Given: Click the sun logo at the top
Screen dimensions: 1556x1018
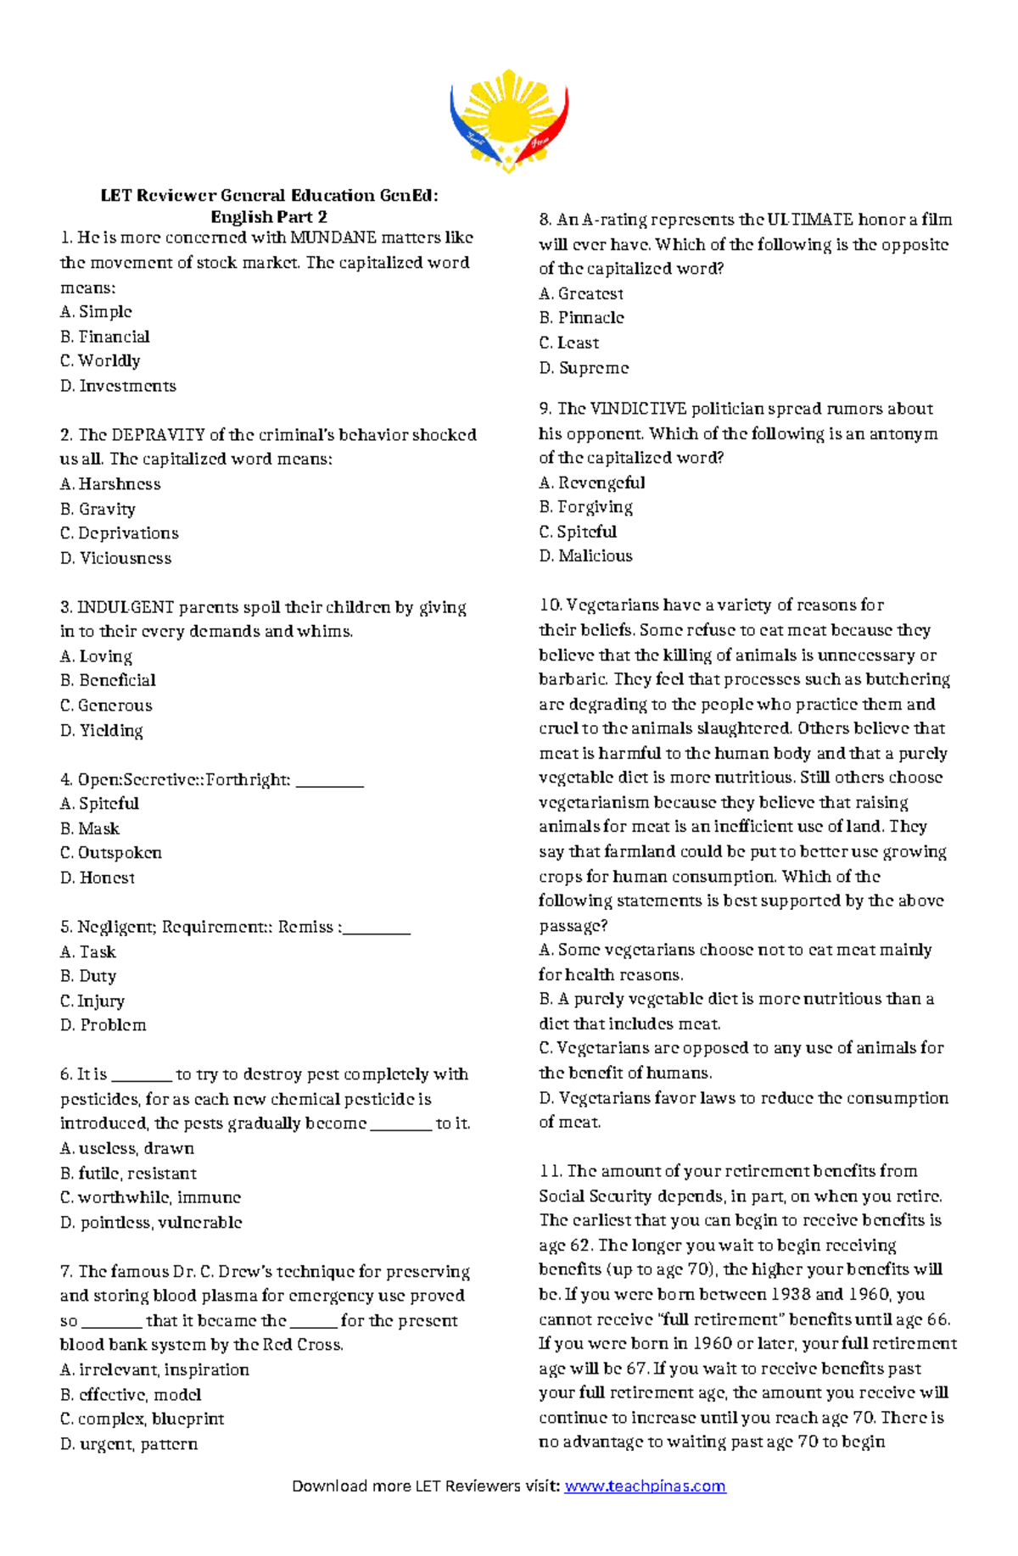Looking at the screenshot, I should tap(509, 120).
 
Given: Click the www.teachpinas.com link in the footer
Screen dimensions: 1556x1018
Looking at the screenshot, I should tap(645, 1486).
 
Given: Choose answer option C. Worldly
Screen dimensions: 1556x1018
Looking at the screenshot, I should tap(100, 361).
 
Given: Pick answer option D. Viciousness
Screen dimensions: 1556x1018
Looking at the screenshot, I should tap(115, 558).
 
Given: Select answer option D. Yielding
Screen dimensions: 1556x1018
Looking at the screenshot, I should tap(102, 730).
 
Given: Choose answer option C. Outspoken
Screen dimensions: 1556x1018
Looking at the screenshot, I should tap(110, 853).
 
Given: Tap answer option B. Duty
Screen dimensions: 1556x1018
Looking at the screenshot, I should tap(88, 976).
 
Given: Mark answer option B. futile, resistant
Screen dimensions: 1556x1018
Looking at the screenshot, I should tap(128, 1174).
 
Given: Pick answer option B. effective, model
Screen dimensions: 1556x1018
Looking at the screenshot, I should tap(131, 1395).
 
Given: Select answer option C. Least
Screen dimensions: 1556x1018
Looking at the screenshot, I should tap(569, 343).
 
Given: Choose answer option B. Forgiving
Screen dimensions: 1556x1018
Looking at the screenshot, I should tap(586, 507).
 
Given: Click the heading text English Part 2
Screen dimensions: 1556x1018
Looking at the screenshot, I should tap(269, 217).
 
